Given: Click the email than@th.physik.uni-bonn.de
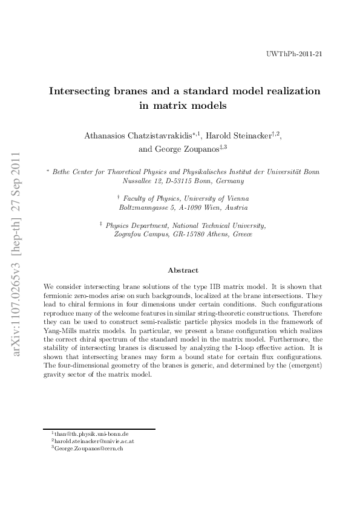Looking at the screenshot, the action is [x=91, y=434].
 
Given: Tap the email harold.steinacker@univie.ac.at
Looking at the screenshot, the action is [x=94, y=442].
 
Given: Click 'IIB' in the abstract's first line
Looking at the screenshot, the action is [x=232, y=285].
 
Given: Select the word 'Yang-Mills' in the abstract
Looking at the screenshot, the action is [x=59, y=332].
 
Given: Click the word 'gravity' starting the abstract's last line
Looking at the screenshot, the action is [x=54, y=375].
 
